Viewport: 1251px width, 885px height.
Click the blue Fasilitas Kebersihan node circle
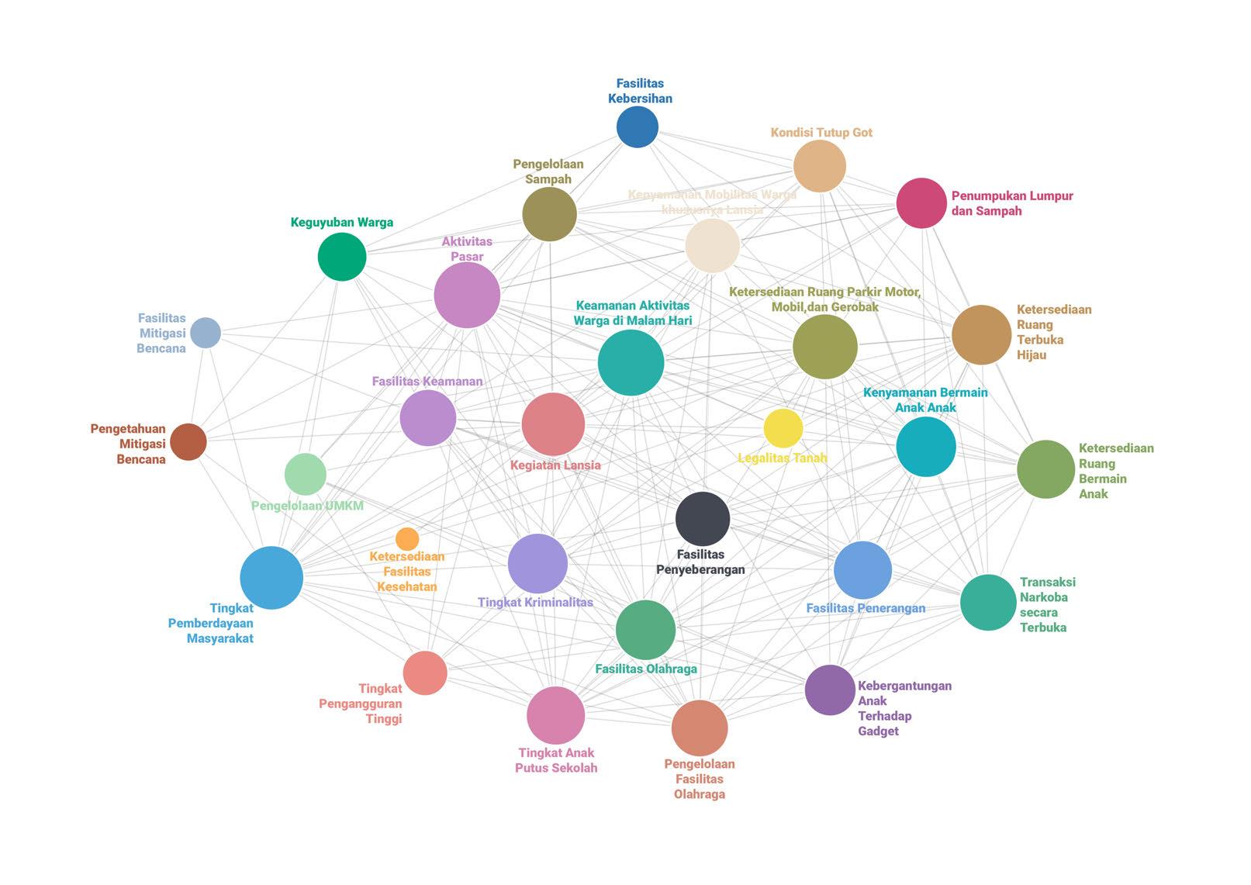pyautogui.click(x=638, y=127)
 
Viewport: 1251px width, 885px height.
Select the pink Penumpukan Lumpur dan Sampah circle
pyautogui.click(x=921, y=203)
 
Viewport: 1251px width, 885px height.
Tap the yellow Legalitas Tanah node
pyautogui.click(x=783, y=428)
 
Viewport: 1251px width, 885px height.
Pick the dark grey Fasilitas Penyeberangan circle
pyautogui.click(x=703, y=519)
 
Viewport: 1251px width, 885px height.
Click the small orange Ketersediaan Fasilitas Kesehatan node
pyautogui.click(x=407, y=539)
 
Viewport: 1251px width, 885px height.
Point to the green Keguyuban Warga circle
pyautogui.click(x=342, y=257)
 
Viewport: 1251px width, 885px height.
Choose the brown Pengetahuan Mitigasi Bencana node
pyautogui.click(x=188, y=442)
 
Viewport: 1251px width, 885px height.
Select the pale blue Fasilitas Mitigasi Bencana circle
pyautogui.click(x=206, y=333)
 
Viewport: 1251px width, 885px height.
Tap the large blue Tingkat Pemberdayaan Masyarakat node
pyautogui.click(x=271, y=578)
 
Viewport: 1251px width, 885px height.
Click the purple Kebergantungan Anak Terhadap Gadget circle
pyautogui.click(x=830, y=690)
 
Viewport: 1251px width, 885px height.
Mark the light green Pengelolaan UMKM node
pyautogui.click(x=306, y=475)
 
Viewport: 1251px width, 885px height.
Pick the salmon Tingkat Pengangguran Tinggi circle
pyautogui.click(x=425, y=672)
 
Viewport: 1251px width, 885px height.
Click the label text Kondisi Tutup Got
pyautogui.click(x=821, y=133)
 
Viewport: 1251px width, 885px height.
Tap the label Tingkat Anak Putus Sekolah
pyautogui.click(x=556, y=760)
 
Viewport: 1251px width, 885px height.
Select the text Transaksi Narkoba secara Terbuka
pyautogui.click(x=1047, y=604)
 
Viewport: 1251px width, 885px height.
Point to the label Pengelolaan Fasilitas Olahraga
pyautogui.click(x=700, y=779)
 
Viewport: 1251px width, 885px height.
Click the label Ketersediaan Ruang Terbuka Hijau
pyautogui.click(x=1053, y=332)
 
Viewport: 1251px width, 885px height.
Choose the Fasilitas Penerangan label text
pyautogui.click(x=866, y=608)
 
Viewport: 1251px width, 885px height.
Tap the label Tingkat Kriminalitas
pyautogui.click(x=535, y=602)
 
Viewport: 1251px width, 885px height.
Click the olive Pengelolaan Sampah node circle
pyautogui.click(x=549, y=214)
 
